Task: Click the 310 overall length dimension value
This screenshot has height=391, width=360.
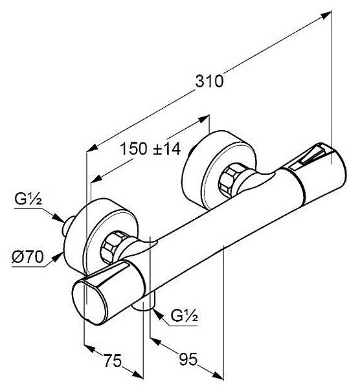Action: click(209, 82)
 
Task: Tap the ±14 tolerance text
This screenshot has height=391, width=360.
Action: click(166, 149)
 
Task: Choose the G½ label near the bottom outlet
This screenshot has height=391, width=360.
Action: click(185, 317)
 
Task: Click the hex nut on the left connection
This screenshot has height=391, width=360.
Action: click(116, 245)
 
